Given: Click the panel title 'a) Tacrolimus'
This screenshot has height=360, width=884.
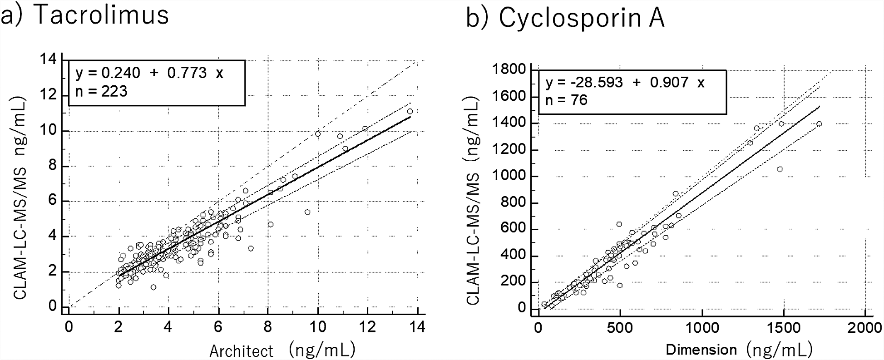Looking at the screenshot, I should tap(85, 15).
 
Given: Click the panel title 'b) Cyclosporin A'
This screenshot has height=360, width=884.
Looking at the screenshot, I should tap(565, 19).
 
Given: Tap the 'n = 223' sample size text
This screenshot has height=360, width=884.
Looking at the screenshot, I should tap(102, 91).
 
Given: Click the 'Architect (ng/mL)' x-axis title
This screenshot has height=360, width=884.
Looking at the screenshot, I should tap(282, 350).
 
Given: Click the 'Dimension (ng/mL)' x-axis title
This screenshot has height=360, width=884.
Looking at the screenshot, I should tap(739, 350).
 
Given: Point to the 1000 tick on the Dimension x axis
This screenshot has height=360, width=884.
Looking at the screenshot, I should tap(702, 327).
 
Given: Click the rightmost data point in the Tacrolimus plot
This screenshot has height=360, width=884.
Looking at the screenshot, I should tap(410, 111).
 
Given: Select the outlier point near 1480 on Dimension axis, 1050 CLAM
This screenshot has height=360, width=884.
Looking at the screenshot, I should tap(780, 169).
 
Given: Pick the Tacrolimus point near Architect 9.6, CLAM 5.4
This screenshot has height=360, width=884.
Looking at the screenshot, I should tap(307, 212).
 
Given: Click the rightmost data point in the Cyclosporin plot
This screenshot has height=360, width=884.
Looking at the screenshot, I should tap(820, 124).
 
